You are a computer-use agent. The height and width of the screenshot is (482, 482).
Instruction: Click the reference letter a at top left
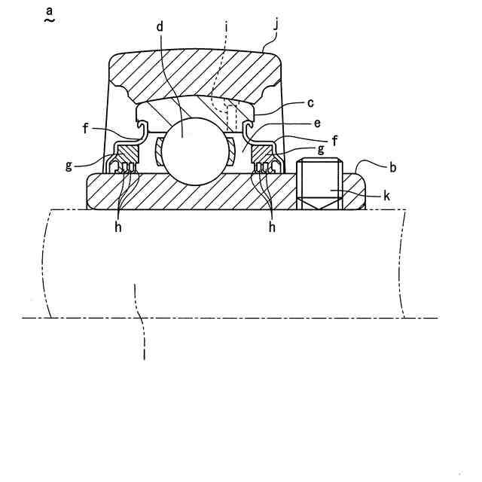(x=49, y=11)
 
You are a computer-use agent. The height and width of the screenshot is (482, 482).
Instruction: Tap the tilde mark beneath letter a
(x=49, y=23)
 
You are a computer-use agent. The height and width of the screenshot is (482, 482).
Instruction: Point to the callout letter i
(x=227, y=26)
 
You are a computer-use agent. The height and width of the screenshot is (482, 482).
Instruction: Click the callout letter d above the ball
(x=160, y=26)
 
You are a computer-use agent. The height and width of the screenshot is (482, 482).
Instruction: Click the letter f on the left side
(x=86, y=128)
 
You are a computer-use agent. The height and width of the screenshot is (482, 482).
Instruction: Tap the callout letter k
(x=386, y=196)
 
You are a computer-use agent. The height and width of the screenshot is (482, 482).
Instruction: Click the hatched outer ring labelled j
(x=196, y=75)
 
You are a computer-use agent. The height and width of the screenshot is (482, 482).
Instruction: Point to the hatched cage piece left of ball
(x=159, y=150)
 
